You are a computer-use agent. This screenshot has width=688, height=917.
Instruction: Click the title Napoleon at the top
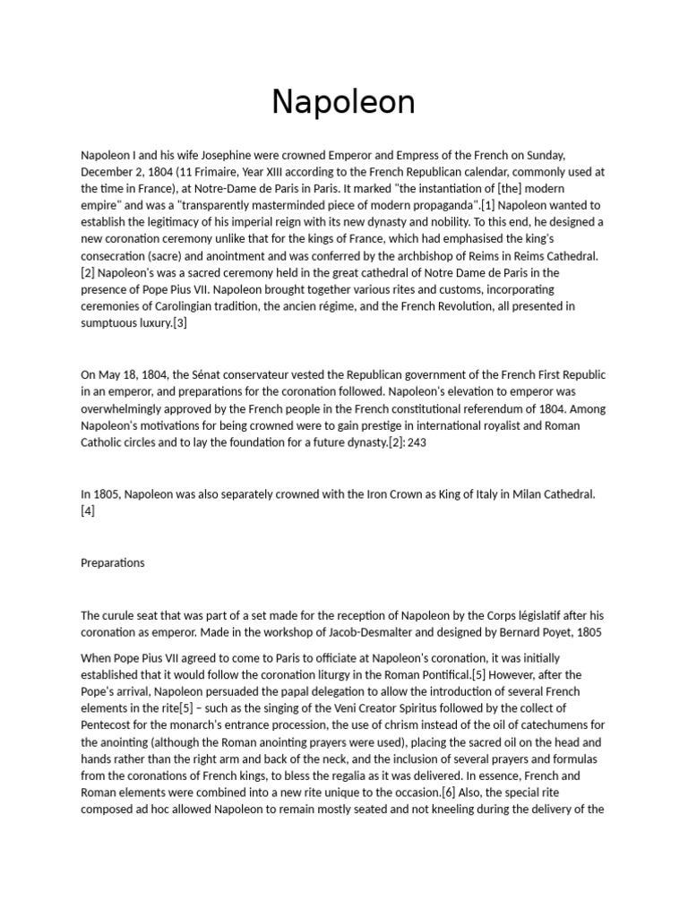(343, 102)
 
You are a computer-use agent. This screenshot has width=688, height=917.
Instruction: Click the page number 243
(417, 442)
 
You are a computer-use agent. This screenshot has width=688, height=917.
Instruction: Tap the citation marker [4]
(88, 510)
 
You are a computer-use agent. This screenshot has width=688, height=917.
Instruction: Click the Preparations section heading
(112, 563)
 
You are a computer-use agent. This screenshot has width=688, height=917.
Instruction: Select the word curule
(120, 615)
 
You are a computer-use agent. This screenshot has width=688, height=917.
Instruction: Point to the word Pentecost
(108, 725)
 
